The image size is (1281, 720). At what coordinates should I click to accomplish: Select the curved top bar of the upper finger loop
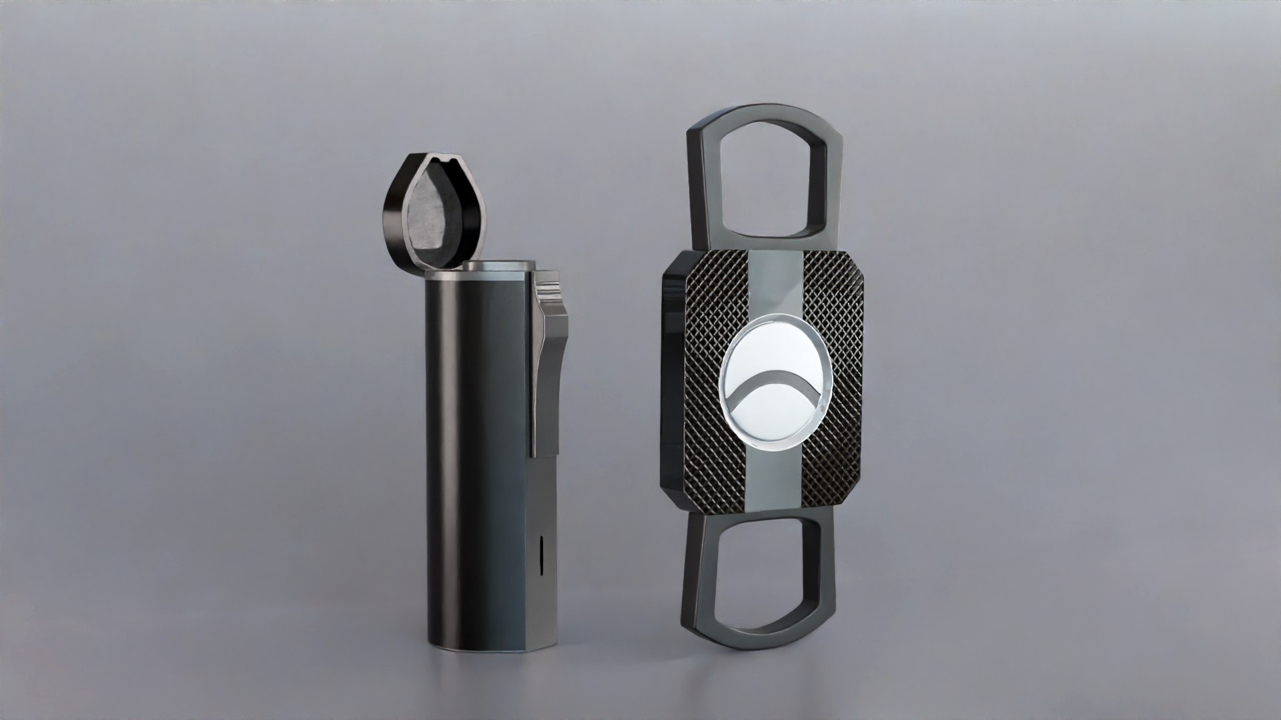(x=764, y=115)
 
